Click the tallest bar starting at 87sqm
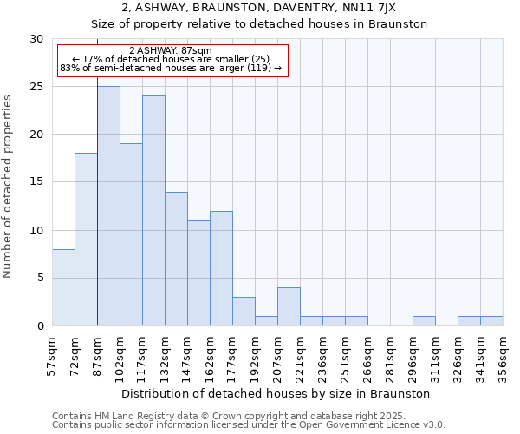(x=108, y=206)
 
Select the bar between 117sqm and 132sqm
(x=153, y=211)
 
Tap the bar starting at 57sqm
(x=63, y=287)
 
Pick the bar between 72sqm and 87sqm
(x=86, y=240)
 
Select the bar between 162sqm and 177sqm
(x=221, y=268)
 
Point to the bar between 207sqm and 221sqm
(x=289, y=306)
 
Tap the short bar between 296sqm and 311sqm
(x=424, y=321)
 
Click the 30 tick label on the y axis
(x=36, y=39)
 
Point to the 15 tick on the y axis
(x=36, y=182)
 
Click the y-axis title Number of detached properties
(x=9, y=186)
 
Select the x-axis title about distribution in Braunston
(x=276, y=393)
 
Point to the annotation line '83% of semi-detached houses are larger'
(x=171, y=68)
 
